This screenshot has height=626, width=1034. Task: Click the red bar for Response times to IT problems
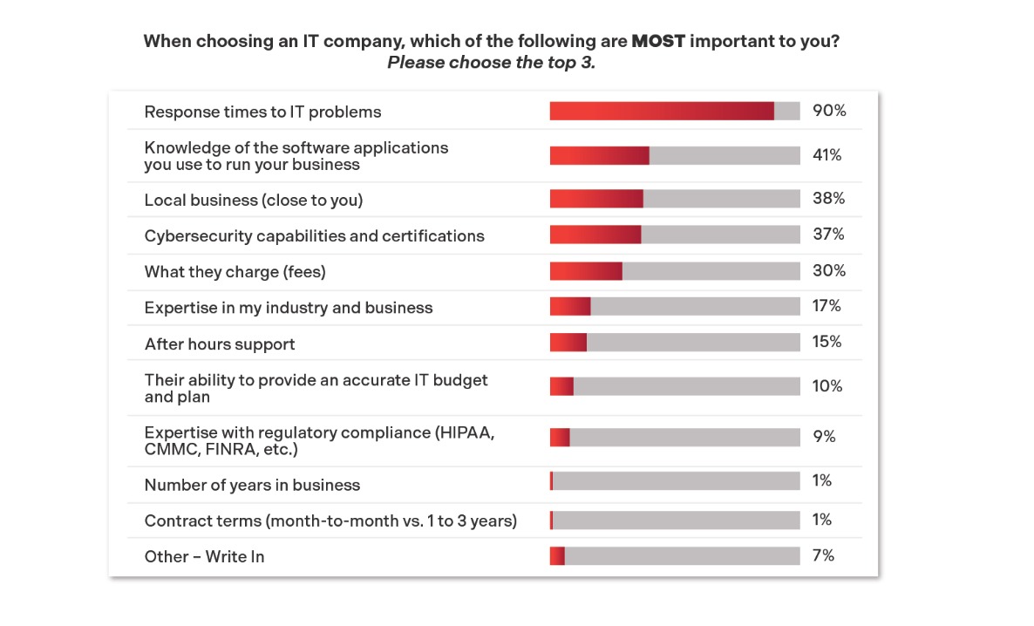pos(661,111)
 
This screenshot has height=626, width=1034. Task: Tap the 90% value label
pos(829,111)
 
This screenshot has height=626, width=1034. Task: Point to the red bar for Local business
pos(596,199)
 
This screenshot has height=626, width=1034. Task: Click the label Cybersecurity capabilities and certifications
pos(314,235)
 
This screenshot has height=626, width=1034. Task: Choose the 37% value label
pos(828,235)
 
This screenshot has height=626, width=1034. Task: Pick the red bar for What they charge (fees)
pos(586,271)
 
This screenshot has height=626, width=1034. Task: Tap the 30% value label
pos(829,270)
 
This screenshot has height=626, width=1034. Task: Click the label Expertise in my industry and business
pos(289,307)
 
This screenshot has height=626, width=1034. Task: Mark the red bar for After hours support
pos(568,343)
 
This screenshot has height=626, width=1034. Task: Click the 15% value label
pos(827,342)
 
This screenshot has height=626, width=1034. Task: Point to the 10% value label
pos(827,386)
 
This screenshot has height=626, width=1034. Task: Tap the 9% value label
pos(824,437)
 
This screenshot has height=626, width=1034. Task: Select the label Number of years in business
pos(252,485)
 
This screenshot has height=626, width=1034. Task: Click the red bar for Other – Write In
pos(557,555)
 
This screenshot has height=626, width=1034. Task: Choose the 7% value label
pos(823,555)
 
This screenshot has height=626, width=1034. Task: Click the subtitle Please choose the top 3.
pos(491,63)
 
